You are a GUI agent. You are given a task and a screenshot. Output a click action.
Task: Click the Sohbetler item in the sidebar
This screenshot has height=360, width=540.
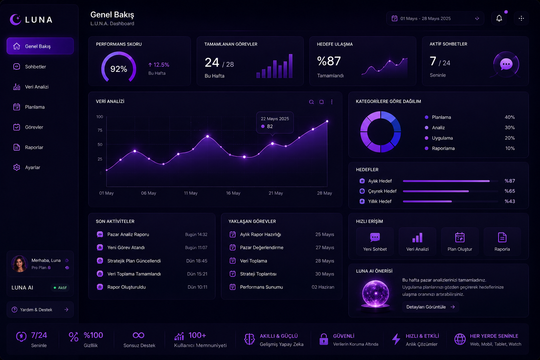click(36, 66)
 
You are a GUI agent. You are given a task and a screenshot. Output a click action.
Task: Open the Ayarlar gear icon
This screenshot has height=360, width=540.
click(17, 167)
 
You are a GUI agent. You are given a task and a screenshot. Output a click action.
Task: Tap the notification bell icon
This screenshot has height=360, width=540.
click(499, 18)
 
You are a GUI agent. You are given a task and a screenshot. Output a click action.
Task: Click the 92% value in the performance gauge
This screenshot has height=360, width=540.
click(118, 69)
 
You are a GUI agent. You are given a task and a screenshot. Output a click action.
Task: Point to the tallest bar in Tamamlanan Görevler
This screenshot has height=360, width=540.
click(291, 66)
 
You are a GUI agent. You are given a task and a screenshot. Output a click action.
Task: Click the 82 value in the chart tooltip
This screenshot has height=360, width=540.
click(270, 126)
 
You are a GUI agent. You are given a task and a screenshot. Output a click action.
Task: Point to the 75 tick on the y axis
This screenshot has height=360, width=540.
click(100, 130)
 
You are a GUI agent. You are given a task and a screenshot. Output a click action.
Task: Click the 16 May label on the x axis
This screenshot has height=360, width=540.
click(233, 193)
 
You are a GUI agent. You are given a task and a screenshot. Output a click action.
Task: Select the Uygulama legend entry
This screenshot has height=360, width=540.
click(442, 138)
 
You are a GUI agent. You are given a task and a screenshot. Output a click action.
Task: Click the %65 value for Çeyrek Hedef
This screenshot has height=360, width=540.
click(510, 191)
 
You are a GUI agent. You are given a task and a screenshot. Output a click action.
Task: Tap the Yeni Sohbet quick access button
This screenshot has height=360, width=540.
click(375, 242)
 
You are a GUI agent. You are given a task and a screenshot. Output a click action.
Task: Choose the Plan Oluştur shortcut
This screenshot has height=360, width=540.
click(460, 242)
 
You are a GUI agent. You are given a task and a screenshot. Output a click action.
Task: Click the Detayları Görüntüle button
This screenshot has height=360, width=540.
click(430, 307)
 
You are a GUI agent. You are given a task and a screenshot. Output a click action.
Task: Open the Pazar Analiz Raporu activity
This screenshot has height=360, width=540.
click(128, 234)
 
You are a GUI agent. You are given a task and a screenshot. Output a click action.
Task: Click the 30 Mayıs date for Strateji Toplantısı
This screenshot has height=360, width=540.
click(324, 274)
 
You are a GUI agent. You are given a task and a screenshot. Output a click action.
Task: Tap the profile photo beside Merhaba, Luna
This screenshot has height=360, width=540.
click(20, 264)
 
